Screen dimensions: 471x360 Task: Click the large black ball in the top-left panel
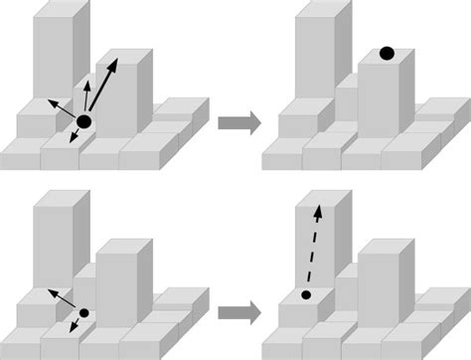coord(83,121)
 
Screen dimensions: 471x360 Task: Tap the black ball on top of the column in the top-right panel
coord(387,53)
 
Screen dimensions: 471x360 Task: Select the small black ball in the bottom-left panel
coord(83,313)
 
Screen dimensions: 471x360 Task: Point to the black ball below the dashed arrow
coord(306,295)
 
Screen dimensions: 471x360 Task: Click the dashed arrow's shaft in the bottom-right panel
coord(314,249)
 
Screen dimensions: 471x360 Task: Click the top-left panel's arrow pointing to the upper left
coord(62,108)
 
